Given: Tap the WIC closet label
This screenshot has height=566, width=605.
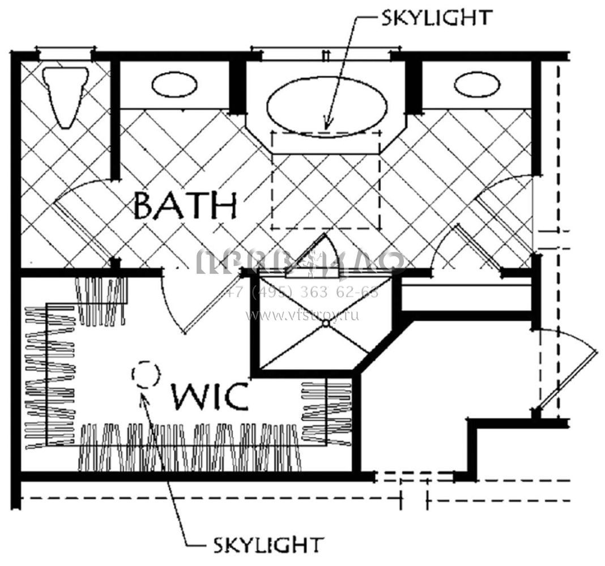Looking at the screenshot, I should click(210, 396).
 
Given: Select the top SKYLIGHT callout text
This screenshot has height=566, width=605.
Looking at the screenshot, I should click(435, 17).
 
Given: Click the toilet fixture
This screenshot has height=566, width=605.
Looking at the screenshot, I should click(66, 95).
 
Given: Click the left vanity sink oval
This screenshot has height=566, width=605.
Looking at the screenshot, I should click(175, 85).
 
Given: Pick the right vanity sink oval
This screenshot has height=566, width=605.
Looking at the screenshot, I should click(478, 85).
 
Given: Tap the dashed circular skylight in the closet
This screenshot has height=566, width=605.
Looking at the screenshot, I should click(145, 374).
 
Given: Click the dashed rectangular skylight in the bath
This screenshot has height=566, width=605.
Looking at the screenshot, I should click(326, 180).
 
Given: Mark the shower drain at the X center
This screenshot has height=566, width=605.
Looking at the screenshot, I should click(326, 323).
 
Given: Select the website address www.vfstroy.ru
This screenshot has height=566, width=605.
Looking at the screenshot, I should click(302, 315).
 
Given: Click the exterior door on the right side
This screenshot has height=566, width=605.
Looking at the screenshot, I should click(566, 374).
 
